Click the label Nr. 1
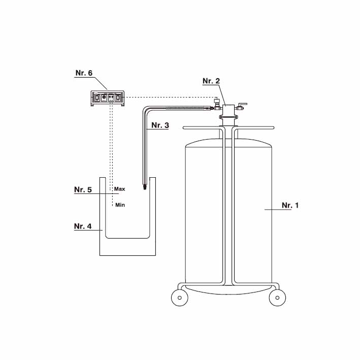[290, 205]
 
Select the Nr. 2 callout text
[211, 81]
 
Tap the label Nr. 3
[160, 125]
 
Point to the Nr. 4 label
[83, 226]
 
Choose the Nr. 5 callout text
[83, 189]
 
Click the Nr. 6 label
[84, 73]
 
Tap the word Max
[120, 189]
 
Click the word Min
[120, 205]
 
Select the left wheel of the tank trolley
[180, 298]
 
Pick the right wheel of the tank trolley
[277, 298]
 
